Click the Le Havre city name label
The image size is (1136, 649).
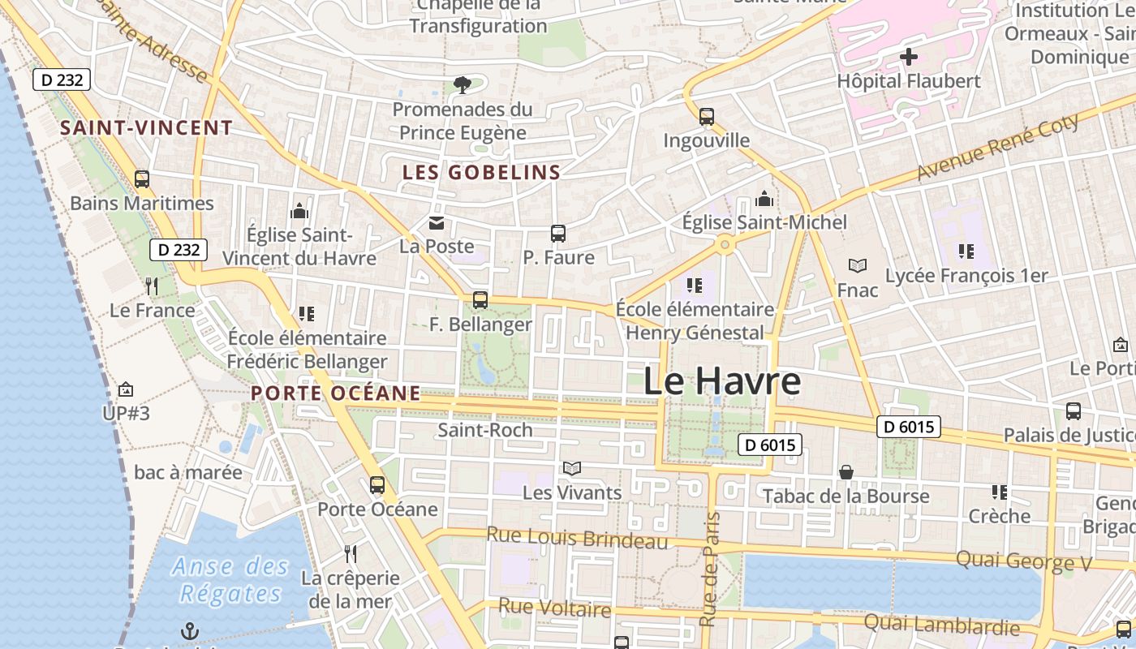tap(722, 381)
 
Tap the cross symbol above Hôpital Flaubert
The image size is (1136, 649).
tap(909, 57)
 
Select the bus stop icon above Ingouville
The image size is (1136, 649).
tap(707, 117)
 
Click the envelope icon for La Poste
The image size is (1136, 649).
tap(437, 223)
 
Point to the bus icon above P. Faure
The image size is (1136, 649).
tap(558, 234)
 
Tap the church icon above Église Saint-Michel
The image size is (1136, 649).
tap(764, 200)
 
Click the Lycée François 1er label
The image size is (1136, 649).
tap(966, 276)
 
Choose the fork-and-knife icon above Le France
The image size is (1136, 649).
tap(151, 286)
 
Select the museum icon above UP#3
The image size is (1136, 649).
tap(126, 390)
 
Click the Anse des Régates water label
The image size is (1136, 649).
tap(230, 580)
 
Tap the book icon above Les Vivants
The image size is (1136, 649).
tap(572, 469)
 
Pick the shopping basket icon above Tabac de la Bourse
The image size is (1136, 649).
tap(846, 472)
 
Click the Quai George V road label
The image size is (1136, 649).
tap(1024, 561)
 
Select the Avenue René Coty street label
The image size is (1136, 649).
tap(998, 148)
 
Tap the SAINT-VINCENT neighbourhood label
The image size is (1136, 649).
tap(147, 128)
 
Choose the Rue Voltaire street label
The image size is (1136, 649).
tap(554, 608)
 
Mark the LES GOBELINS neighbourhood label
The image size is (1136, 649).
tap(482, 172)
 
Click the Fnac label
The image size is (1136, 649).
tap(858, 290)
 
